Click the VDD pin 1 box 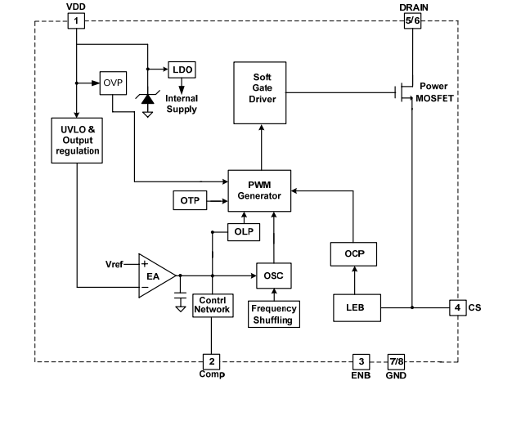pos(76,20)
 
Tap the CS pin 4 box pos(458,307)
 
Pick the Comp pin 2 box pos(211,361)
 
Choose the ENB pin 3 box pos(361,361)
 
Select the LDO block pos(182,69)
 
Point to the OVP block pos(111,83)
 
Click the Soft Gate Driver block pos(261,92)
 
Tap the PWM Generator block pos(259,190)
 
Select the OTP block pos(189,199)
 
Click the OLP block pos(243,232)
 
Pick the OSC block pos(274,275)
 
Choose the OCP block pos(353,254)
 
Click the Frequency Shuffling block pos(274,315)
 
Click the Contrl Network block pos(211,305)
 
